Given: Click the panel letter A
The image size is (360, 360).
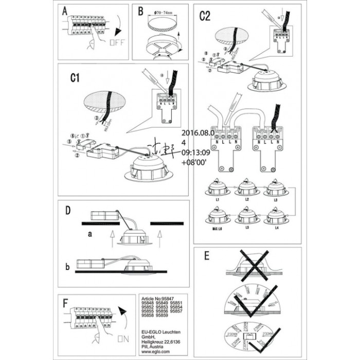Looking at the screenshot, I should click(65, 12).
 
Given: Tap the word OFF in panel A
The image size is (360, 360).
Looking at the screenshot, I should click(117, 43).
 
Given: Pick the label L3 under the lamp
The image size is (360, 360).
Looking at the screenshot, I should click(276, 199).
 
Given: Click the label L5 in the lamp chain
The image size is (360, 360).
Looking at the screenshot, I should click(247, 227).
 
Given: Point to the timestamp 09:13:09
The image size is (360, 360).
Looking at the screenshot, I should click(197, 152).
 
